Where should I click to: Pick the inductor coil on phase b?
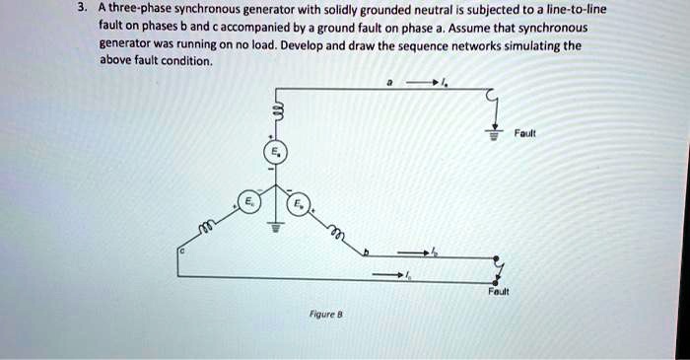(336, 233)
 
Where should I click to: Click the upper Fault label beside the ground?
(528, 133)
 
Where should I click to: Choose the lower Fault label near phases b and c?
(498, 293)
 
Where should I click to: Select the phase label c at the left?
(180, 253)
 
